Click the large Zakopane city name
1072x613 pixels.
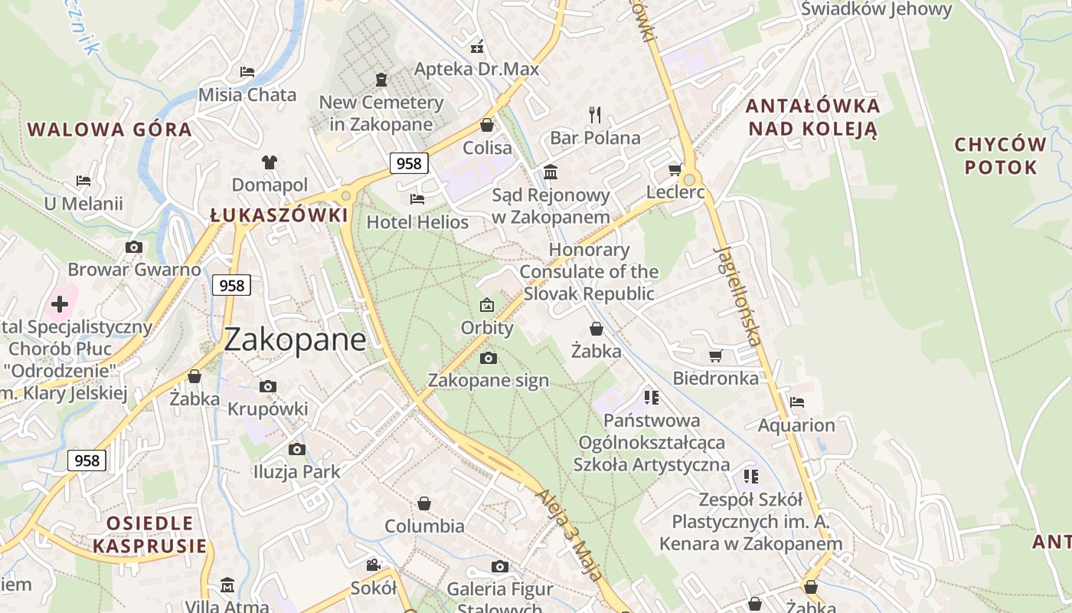(x=295, y=339)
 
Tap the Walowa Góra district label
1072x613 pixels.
(x=109, y=129)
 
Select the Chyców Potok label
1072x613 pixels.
(x=1001, y=156)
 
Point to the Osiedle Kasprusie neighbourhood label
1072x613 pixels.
(x=149, y=534)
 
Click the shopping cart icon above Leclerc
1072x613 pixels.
(x=675, y=169)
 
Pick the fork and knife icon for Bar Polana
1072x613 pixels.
(x=595, y=115)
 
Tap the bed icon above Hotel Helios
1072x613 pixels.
(x=417, y=199)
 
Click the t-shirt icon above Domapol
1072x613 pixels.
(x=270, y=162)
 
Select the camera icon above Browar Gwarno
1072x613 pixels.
(x=134, y=247)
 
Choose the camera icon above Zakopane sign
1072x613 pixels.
(x=488, y=358)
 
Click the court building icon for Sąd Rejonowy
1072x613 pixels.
(x=551, y=172)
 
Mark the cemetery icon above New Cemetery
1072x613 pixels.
(x=381, y=79)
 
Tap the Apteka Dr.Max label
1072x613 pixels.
(x=476, y=69)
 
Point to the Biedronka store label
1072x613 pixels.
(x=715, y=378)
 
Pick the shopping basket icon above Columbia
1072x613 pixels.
(x=424, y=503)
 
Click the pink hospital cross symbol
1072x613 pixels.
(x=59, y=304)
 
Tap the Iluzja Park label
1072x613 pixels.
(x=297, y=471)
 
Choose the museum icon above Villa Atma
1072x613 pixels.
(x=227, y=585)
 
